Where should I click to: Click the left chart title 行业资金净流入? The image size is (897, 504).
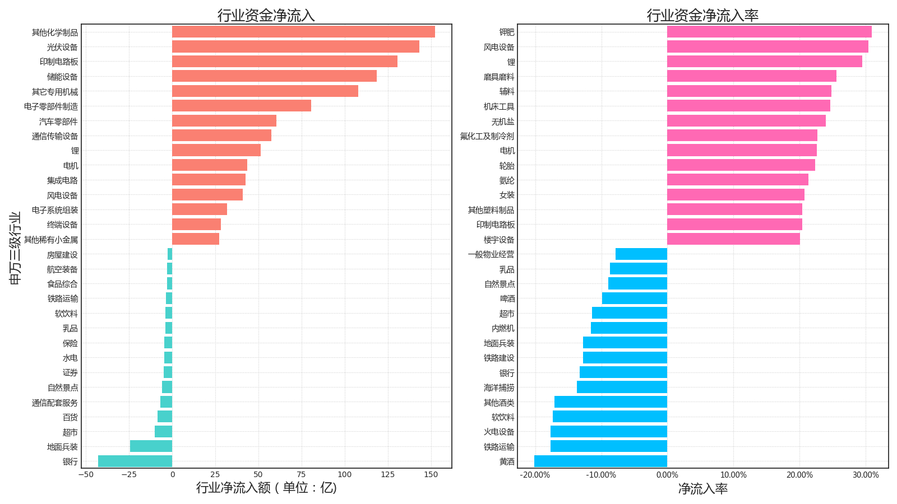(x=266, y=15)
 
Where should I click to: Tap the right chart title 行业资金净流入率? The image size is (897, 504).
(x=702, y=15)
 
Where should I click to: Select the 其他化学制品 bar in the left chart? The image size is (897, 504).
(x=303, y=32)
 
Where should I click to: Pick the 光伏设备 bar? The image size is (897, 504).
(x=295, y=46)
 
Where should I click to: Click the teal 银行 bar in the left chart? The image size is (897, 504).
(x=135, y=461)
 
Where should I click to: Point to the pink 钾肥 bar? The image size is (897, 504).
(x=769, y=32)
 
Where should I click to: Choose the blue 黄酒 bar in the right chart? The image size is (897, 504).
(x=600, y=461)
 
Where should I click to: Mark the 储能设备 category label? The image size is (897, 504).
(x=62, y=77)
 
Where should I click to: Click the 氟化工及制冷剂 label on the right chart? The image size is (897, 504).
(x=487, y=136)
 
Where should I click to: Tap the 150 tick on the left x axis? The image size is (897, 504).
(x=431, y=475)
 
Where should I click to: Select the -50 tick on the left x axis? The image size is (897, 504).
(x=86, y=475)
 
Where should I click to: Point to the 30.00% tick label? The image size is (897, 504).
(x=866, y=475)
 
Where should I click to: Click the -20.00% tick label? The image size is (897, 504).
(x=535, y=475)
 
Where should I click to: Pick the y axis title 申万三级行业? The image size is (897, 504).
(x=15, y=248)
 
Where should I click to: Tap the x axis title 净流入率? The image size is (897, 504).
(x=702, y=489)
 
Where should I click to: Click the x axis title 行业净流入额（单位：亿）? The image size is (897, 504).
(x=266, y=488)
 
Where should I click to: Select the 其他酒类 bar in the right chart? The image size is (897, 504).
(x=611, y=402)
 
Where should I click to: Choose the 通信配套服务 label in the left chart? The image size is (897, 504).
(x=55, y=403)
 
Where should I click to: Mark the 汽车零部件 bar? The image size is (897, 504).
(x=224, y=121)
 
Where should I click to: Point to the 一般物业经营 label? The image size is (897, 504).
(x=491, y=255)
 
